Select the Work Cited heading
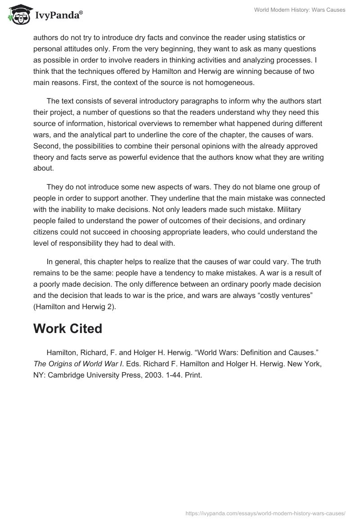tap(67, 328)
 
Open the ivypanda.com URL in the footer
tap(265, 513)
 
